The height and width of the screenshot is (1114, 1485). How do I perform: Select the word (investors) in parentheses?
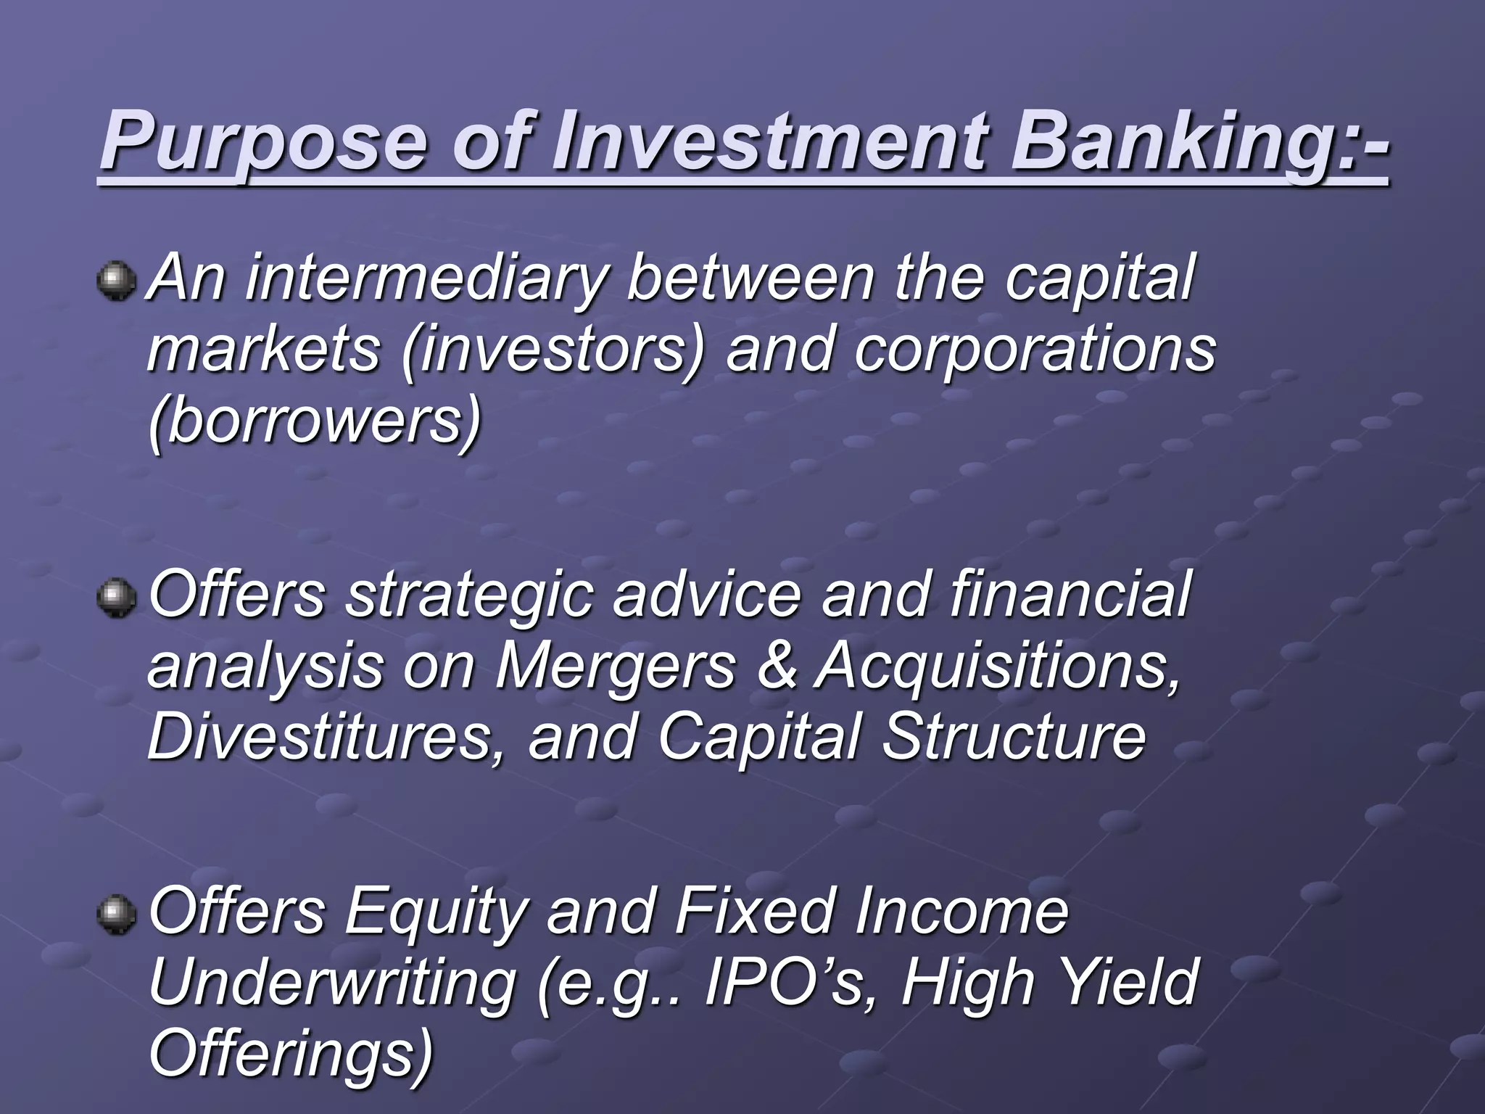[x=552, y=350]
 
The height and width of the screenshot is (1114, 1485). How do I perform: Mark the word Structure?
[x=1014, y=737]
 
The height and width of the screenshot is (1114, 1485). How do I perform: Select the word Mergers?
[x=615, y=666]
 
